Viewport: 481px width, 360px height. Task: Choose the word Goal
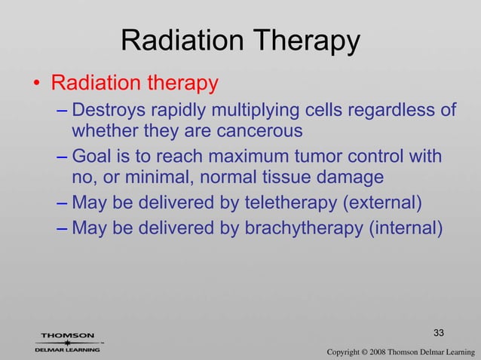pos(91,157)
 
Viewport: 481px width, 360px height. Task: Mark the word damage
pos(354,178)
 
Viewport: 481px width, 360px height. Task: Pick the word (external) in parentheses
pos(384,203)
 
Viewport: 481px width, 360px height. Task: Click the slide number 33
pos(440,333)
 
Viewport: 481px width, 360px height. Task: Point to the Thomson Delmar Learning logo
pos(68,342)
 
